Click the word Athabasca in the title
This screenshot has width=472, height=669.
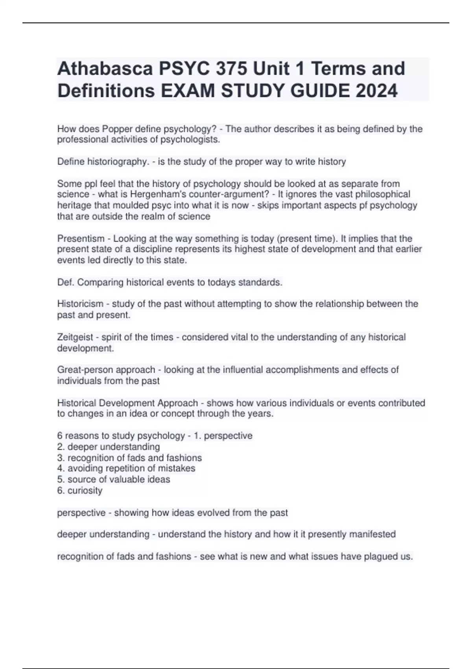click(x=105, y=68)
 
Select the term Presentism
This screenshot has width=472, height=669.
click(x=81, y=238)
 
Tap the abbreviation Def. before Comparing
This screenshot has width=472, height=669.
click(x=65, y=283)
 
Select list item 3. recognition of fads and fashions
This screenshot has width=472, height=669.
click(x=129, y=458)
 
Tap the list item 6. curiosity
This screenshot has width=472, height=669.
click(x=80, y=490)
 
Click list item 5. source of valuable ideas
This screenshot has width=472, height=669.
click(x=114, y=479)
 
